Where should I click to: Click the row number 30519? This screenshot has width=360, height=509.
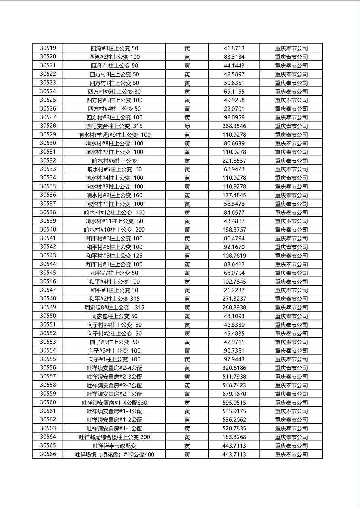[x=48, y=48]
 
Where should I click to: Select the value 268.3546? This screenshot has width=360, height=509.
[x=234, y=126]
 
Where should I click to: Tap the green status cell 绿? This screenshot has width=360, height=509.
[x=187, y=126]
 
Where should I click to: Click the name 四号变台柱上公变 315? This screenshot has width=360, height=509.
[x=114, y=126]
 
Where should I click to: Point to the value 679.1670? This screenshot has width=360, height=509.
[x=234, y=394]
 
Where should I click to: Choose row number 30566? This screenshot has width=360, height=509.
[x=48, y=454]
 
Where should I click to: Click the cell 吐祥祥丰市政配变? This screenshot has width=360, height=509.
[x=114, y=446]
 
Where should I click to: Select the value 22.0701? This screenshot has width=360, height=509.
[x=234, y=108]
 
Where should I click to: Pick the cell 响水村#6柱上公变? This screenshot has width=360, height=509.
[x=114, y=161]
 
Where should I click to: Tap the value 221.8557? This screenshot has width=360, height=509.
[x=234, y=161]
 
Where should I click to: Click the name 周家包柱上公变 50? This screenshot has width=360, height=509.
[x=114, y=316]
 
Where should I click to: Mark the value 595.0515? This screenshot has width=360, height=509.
[x=234, y=403]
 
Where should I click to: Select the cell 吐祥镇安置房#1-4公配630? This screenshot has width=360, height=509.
[x=114, y=403]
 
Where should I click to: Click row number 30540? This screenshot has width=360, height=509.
[x=48, y=229]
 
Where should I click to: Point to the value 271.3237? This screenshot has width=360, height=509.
[x=234, y=299]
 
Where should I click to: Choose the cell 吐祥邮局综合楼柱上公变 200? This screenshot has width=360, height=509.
[x=114, y=437]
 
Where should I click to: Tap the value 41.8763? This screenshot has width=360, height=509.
[x=234, y=48]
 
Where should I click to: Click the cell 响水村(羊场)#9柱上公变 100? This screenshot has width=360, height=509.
[x=114, y=135]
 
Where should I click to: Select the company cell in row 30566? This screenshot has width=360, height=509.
[x=291, y=454]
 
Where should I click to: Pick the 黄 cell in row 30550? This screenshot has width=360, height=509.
[x=187, y=316]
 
